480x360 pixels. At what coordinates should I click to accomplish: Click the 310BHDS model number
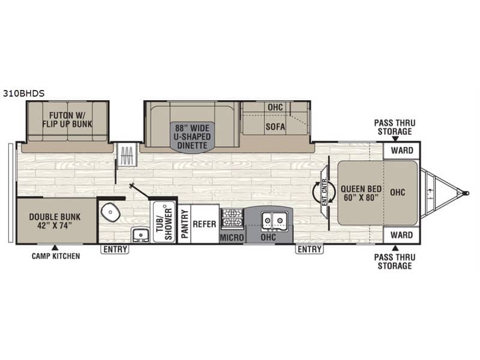23,94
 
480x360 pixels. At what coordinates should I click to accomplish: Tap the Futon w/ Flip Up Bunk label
67,119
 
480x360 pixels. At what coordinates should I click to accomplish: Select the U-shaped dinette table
192,137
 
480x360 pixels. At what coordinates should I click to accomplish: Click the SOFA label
275,127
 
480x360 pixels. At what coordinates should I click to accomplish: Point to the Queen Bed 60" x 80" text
361,193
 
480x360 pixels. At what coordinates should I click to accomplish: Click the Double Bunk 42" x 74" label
55,221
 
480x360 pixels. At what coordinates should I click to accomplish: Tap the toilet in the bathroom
110,212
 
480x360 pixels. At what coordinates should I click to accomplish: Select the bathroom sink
140,235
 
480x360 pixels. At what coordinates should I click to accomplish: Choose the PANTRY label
184,224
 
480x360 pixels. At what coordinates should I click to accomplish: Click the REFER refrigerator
205,224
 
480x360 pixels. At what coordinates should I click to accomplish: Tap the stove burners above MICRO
232,218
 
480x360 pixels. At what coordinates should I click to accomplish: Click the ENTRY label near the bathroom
115,250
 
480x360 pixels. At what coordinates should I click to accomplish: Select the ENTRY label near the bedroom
310,249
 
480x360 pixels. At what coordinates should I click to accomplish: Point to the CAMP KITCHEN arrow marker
55,248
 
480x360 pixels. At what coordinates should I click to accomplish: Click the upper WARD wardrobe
402,151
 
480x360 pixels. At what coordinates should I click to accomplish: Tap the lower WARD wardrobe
401,235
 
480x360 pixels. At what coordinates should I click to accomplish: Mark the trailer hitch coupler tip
467,193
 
